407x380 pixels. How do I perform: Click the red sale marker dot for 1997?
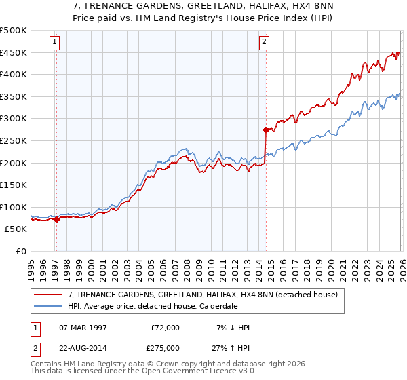coord(56,219)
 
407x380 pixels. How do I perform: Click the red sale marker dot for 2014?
coord(265,129)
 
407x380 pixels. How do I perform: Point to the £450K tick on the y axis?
coord(14,53)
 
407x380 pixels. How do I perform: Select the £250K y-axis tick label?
coord(14,140)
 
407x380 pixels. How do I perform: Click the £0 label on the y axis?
coord(20,251)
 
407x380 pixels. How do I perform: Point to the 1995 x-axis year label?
coord(31,267)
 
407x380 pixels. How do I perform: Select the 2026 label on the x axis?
coord(402,267)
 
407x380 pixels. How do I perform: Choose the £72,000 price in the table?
coord(165,328)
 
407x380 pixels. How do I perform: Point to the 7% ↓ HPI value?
coord(232,328)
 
